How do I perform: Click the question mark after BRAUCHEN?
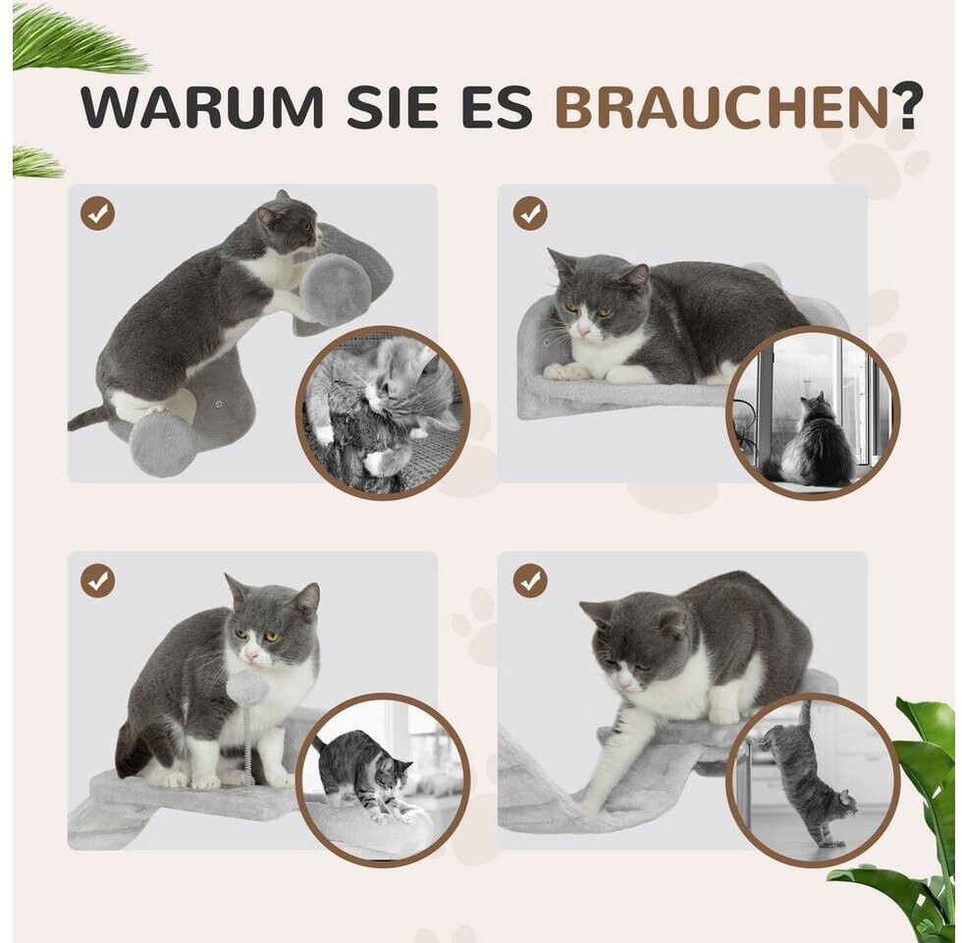[907, 107]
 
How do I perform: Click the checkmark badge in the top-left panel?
[97, 213]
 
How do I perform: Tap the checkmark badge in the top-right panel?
[530, 213]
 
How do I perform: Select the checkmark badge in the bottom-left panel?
[97, 581]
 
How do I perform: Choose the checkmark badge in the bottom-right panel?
[530, 581]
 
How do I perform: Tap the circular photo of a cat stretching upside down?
[813, 780]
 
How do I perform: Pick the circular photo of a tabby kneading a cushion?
[383, 780]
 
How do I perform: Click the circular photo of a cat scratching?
[383, 413]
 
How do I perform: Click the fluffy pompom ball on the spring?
[247, 688]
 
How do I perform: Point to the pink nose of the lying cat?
[582, 332]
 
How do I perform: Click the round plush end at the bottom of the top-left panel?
[162, 444]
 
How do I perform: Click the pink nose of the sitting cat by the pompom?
[251, 656]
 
